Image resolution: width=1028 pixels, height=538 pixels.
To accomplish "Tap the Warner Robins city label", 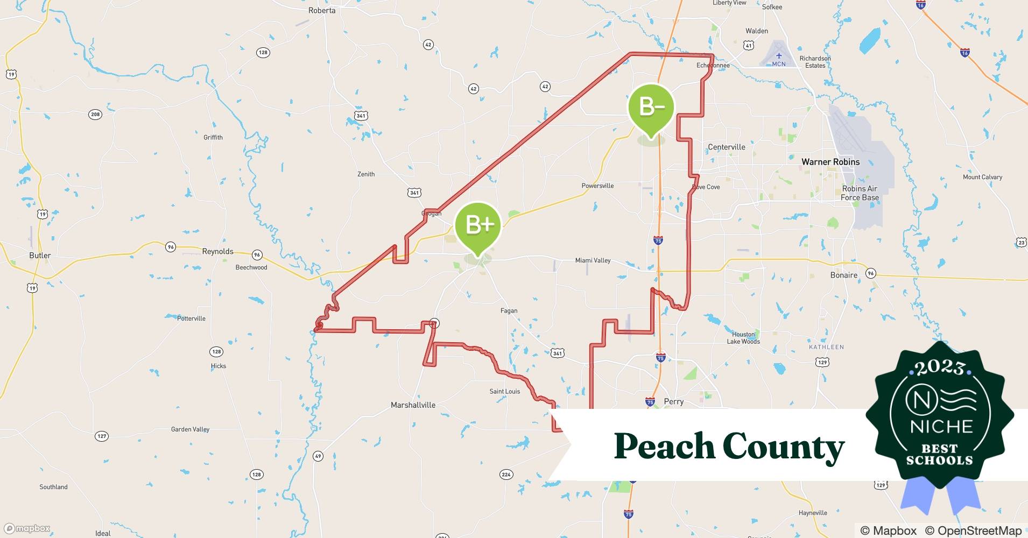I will (x=830, y=162).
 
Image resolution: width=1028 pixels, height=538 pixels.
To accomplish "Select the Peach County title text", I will (x=729, y=447).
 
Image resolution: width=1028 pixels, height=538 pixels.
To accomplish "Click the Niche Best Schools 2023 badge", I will (x=940, y=415).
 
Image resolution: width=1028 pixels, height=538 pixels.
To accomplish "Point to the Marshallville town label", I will (x=413, y=405).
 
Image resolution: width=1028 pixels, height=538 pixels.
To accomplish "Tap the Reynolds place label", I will (x=217, y=251).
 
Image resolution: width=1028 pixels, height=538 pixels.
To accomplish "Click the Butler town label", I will (x=40, y=256).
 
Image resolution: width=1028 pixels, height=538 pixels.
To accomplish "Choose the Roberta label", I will (x=322, y=10).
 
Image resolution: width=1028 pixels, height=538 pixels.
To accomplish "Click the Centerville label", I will (x=726, y=147).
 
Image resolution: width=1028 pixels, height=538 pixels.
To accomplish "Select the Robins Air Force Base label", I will (x=860, y=193).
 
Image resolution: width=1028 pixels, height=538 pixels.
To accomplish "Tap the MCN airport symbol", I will (x=779, y=56).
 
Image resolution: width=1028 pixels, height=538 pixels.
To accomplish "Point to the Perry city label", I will (x=673, y=401).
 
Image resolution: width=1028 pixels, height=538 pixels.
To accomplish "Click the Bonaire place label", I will (x=843, y=275).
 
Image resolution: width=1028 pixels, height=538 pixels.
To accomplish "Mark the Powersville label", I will (x=597, y=186).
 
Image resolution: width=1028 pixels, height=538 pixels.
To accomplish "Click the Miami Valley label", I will (x=593, y=260).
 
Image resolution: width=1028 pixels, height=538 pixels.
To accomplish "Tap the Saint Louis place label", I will (x=504, y=391).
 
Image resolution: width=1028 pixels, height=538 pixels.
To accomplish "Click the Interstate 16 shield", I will (x=965, y=53).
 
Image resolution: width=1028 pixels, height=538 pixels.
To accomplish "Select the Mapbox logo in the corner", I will (x=27, y=528).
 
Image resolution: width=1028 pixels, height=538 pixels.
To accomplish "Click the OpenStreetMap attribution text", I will (x=973, y=530).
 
